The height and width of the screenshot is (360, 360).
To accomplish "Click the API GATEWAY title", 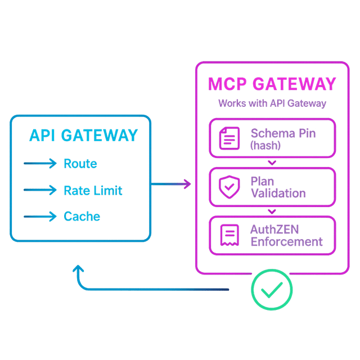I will click(x=83, y=136).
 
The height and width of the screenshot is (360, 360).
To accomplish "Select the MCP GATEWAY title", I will click(x=272, y=84).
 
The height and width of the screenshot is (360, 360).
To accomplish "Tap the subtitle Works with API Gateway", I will click(x=272, y=103).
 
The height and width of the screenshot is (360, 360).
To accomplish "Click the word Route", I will click(x=80, y=164).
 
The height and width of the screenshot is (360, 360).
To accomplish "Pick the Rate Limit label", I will click(x=93, y=190).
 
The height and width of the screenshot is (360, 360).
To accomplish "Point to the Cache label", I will click(x=82, y=217).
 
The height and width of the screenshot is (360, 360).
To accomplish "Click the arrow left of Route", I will click(x=40, y=164).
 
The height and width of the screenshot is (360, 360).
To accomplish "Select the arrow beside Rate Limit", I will click(x=40, y=190).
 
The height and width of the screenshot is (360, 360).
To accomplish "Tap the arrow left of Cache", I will click(x=40, y=217).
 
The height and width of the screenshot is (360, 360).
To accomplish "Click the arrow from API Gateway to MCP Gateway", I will click(x=172, y=184).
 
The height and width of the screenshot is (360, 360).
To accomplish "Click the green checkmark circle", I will click(x=272, y=289).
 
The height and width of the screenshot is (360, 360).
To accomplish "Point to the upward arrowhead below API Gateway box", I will click(x=78, y=269).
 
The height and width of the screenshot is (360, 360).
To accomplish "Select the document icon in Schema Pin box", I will click(x=228, y=138).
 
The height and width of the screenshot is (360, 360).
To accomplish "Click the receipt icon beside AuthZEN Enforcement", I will click(x=228, y=235).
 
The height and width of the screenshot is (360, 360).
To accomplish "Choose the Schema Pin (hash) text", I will click(x=283, y=138).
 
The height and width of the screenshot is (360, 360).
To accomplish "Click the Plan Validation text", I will click(x=278, y=187).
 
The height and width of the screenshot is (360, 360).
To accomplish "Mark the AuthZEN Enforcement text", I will click(x=286, y=236).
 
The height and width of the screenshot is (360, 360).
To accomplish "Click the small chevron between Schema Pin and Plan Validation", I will click(x=272, y=163).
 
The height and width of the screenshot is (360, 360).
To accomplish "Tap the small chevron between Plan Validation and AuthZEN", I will click(x=272, y=211).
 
